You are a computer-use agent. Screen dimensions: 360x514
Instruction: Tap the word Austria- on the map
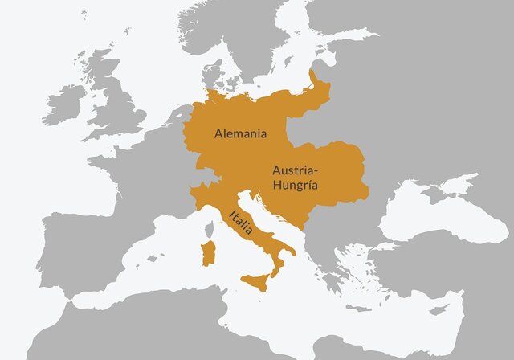click(x=296, y=170)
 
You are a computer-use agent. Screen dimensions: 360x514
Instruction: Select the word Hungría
click(x=295, y=185)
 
